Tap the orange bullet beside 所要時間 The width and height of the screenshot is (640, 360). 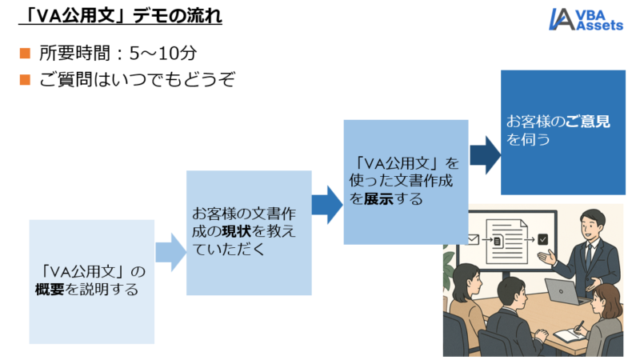25,54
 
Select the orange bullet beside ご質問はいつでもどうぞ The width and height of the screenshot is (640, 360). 25,80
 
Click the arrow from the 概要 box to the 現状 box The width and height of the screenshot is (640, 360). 170,253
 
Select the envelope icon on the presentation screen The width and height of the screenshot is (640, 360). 474,238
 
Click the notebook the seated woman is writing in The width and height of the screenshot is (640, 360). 570,334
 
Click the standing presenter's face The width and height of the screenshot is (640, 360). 590,223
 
